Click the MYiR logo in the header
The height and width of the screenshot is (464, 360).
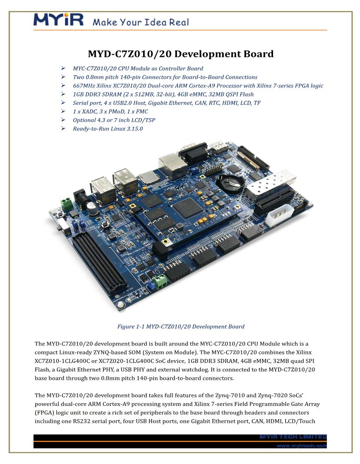tap(58, 20)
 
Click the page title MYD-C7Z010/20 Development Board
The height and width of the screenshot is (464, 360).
tap(180, 54)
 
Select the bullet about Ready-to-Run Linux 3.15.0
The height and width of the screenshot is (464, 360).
tap(108, 129)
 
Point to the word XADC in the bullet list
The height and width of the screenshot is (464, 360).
tap(91, 111)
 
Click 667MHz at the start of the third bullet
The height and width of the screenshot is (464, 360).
tap(84, 86)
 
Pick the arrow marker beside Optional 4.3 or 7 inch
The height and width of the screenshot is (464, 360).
tap(63, 120)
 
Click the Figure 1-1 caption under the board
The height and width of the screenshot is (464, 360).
tap(180, 326)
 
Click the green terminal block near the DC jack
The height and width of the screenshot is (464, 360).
tap(67, 204)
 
